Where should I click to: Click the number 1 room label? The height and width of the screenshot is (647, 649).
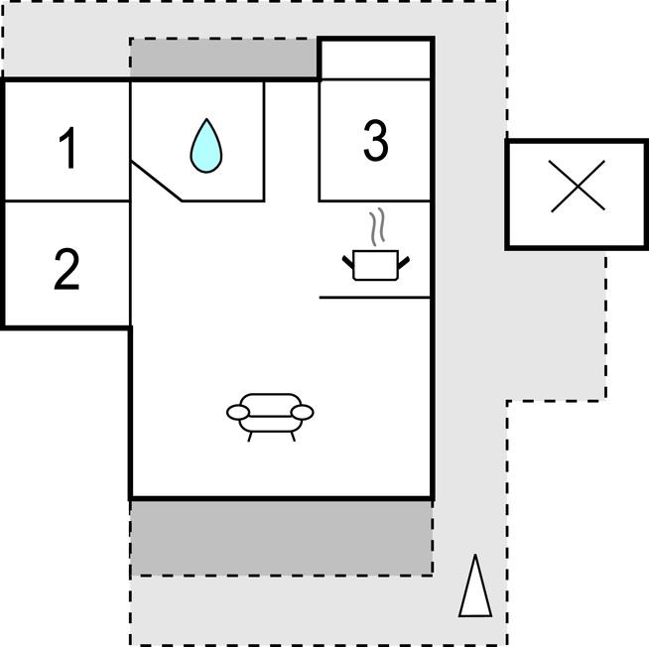click(x=67, y=149)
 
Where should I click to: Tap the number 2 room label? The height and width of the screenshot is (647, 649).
click(x=66, y=269)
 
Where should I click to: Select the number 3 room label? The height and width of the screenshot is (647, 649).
click(x=375, y=141)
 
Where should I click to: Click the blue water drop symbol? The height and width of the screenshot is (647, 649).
click(x=206, y=146)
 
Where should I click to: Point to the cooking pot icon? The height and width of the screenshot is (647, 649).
click(x=376, y=265)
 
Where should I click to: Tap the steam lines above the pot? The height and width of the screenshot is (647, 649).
click(x=375, y=227)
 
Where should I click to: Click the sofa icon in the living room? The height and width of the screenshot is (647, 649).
click(x=270, y=412)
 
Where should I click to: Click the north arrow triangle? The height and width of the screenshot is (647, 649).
click(x=475, y=590)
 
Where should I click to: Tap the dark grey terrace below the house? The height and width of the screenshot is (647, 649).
click(x=281, y=537)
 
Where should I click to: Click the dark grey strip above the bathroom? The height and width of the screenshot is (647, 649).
click(x=224, y=60)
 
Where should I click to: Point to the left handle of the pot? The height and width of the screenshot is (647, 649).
click(x=348, y=262)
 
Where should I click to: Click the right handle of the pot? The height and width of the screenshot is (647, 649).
click(x=404, y=262)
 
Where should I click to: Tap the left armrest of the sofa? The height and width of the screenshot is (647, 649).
click(x=238, y=411)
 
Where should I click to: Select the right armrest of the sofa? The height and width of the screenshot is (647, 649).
click(x=303, y=411)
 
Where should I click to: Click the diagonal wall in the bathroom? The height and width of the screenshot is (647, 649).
click(x=157, y=179)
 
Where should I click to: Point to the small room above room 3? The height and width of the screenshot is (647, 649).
click(x=375, y=60)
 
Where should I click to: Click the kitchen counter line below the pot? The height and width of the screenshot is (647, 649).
click(x=375, y=297)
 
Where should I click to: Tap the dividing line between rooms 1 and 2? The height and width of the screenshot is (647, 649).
click(x=67, y=201)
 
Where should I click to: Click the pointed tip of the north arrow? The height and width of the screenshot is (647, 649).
click(x=476, y=558)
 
